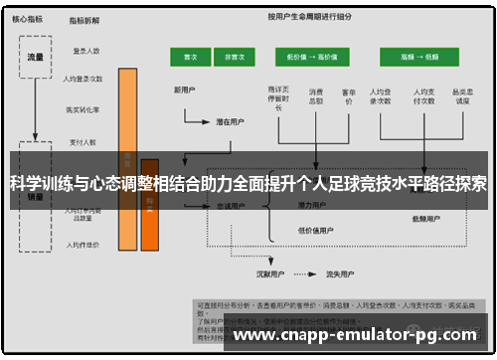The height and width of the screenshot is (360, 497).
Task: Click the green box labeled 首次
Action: coord(188,58)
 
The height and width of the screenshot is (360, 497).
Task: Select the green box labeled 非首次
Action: coord(236,58)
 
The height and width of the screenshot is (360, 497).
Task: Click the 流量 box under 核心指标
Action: coord(36,57)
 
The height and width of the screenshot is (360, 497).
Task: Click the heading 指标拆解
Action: coord(84,20)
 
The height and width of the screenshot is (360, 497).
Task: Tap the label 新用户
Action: coord(185,90)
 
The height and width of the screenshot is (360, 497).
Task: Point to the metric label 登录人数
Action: coord(86,50)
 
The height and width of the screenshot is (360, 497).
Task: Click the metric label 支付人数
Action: coord(85,142)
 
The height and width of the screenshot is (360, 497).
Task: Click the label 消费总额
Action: coord(316,97)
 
